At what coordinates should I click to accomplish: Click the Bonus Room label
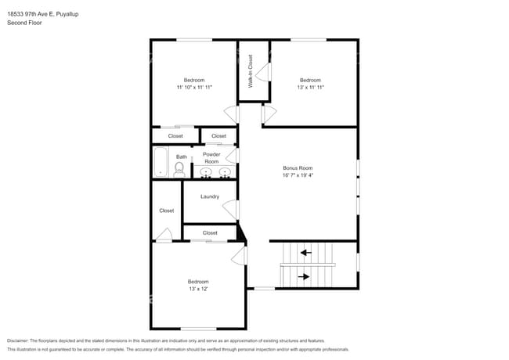(298, 168)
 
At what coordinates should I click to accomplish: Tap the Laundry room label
(209, 196)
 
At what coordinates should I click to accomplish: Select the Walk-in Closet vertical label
(250, 70)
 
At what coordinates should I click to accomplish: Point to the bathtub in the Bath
(160, 162)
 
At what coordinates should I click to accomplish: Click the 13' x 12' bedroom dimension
(197, 289)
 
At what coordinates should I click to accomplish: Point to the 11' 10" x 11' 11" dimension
(194, 88)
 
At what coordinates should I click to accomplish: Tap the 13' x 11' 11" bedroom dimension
(310, 88)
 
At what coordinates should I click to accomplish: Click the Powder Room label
(211, 157)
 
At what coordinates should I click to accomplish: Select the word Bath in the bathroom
(182, 157)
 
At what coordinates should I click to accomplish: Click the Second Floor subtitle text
(23, 23)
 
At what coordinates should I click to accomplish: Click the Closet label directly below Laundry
(210, 232)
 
